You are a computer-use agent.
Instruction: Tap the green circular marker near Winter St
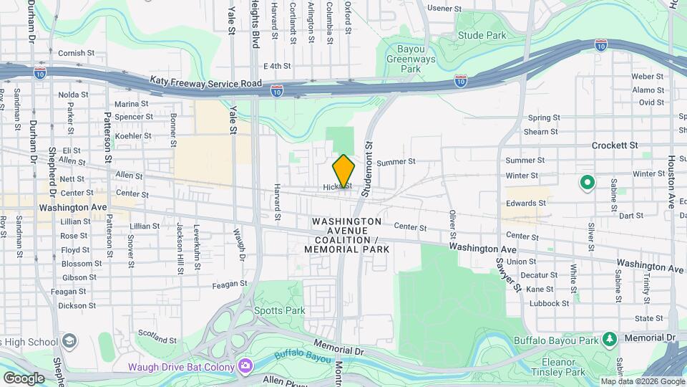[x=588, y=183]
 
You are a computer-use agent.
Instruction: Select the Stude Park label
[x=482, y=34]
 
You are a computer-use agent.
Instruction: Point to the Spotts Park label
[x=279, y=310]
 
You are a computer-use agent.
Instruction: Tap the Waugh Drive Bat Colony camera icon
[x=245, y=367]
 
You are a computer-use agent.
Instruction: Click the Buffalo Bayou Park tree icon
[x=609, y=338]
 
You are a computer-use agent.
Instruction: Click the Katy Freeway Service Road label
[x=206, y=84]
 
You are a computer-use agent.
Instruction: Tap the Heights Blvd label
[x=255, y=24]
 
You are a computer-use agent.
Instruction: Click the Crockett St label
[x=614, y=145]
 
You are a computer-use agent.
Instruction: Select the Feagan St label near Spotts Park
[x=230, y=284]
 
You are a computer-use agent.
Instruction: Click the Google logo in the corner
[x=24, y=378]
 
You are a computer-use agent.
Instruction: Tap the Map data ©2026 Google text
[x=643, y=381]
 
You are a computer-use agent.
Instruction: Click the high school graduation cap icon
[x=69, y=340]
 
